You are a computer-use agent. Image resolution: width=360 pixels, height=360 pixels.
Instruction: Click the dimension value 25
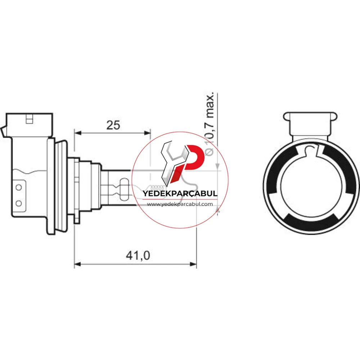pos(113,125)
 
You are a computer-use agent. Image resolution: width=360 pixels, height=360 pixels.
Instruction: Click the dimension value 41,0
pos(138,256)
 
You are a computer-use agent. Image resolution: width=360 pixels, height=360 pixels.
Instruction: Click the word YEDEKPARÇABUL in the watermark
pos(180,193)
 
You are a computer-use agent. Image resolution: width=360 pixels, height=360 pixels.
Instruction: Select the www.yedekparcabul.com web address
pos(180,204)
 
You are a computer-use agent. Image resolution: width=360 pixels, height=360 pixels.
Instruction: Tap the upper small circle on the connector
pos(19,187)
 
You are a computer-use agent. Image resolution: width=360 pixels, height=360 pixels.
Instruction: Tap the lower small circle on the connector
pos(19,203)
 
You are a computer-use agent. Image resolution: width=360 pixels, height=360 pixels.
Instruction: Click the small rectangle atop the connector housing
pos(29,119)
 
